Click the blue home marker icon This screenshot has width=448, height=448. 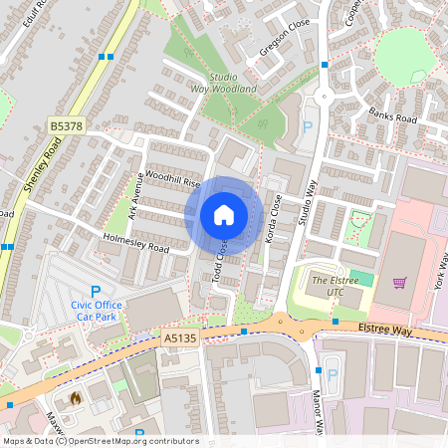click(224, 215)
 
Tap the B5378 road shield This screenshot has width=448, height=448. click(66, 126)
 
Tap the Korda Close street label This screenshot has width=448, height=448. click(276, 213)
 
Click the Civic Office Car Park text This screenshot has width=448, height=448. click(97, 310)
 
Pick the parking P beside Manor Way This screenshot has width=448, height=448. click(334, 377)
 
